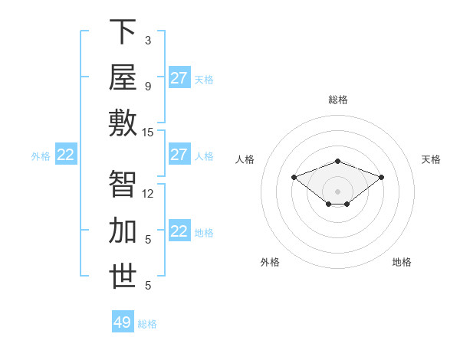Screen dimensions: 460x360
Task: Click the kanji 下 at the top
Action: [123, 31]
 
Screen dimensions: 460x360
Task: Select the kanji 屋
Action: [123, 77]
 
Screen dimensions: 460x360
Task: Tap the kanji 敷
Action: [123, 123]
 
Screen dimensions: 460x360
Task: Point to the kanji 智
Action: [123, 184]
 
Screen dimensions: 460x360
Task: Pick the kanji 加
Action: [123, 230]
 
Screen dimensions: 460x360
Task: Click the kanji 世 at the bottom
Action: [123, 276]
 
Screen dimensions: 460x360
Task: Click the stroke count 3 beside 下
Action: [148, 41]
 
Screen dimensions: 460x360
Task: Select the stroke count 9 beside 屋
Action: [148, 87]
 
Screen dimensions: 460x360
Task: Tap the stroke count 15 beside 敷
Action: [147, 133]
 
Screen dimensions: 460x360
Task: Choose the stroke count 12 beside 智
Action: [147, 194]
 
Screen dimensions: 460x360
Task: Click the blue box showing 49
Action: [123, 321]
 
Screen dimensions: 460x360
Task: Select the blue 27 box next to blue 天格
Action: [179, 77]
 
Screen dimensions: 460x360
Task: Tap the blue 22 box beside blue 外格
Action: [66, 154]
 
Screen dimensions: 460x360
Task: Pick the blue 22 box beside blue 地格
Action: [179, 230]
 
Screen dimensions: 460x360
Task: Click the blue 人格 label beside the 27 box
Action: [204, 156]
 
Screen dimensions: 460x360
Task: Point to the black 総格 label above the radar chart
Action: [338, 100]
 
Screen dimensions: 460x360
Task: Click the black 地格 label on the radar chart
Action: [402, 262]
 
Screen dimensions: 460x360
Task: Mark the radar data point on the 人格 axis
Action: [294, 178]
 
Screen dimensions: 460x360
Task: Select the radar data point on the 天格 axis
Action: [381, 178]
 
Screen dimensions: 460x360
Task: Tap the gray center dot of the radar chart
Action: [337, 191]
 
